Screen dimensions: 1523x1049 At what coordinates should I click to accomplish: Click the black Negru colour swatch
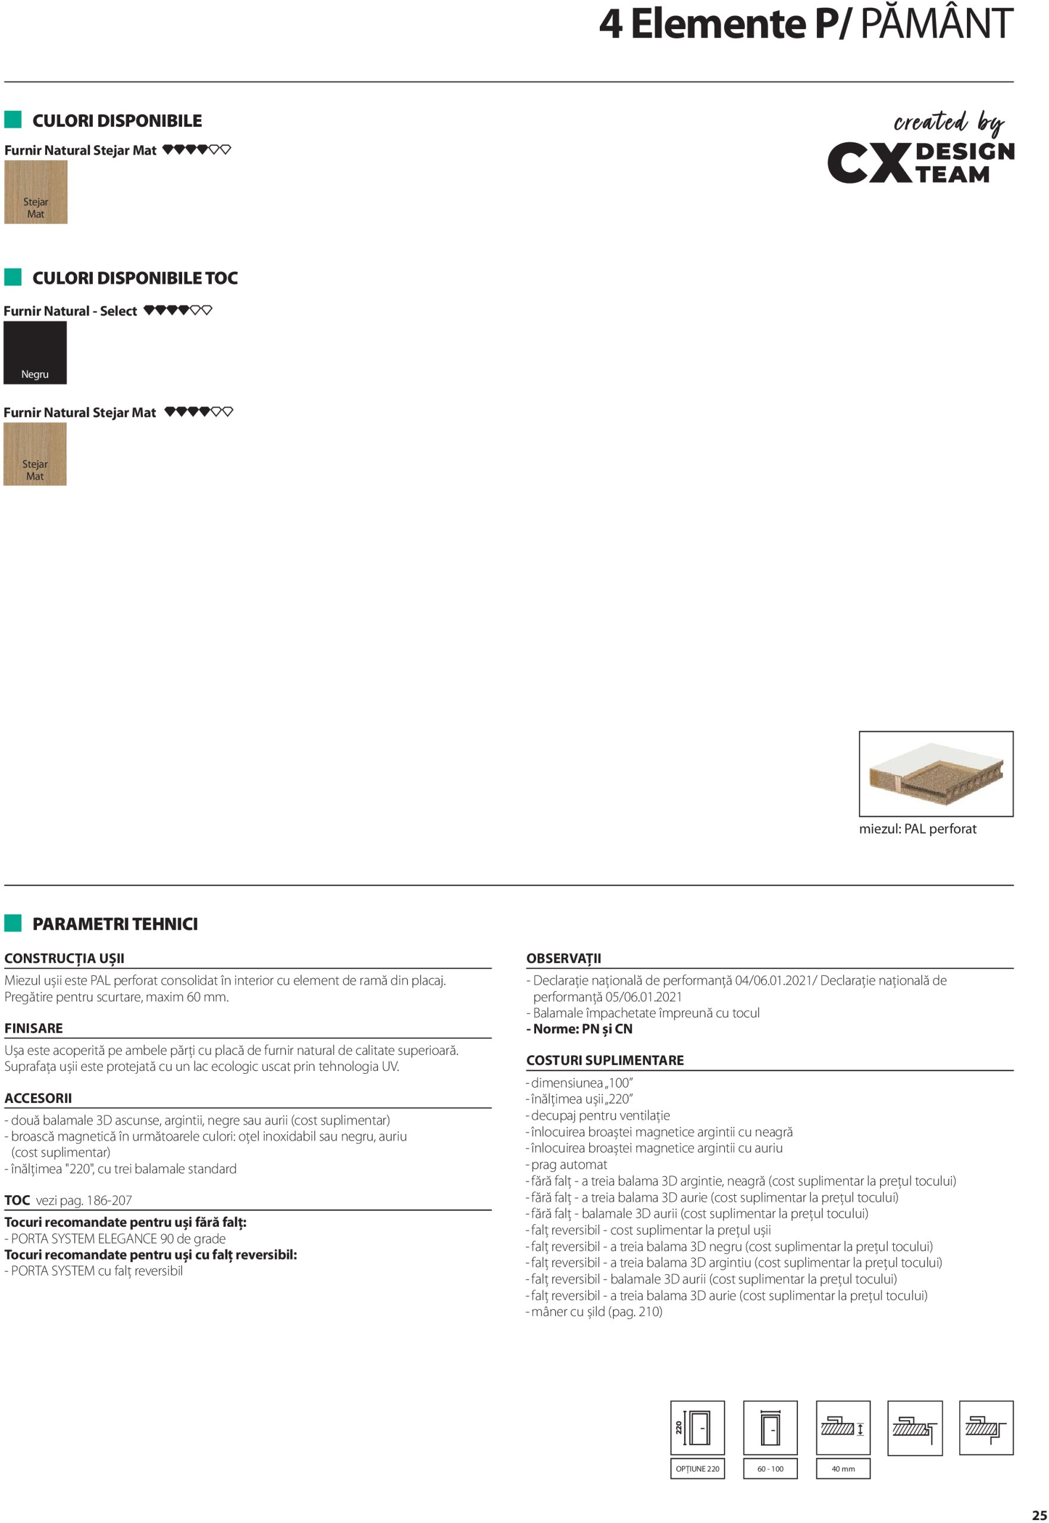(x=35, y=352)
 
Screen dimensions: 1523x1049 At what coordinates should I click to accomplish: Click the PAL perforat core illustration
(x=935, y=773)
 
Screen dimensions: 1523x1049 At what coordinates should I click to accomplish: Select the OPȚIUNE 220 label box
(x=697, y=1468)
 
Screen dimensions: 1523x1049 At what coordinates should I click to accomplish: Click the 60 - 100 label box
(x=770, y=1468)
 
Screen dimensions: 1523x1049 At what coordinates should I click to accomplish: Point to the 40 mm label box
(x=843, y=1468)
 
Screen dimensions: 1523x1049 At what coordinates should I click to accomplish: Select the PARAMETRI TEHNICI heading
(x=115, y=924)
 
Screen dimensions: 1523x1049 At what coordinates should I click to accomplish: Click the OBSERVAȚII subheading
(x=563, y=958)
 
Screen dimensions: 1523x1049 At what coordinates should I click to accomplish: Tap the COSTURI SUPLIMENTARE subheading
(x=605, y=1060)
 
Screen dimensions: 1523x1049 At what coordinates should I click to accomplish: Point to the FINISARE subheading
(x=33, y=1028)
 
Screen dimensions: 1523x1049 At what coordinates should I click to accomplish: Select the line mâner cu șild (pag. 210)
(x=596, y=1311)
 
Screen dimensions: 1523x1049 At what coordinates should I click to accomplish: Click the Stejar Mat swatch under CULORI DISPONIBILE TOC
(x=35, y=454)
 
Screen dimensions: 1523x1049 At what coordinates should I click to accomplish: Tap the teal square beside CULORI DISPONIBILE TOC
(x=13, y=277)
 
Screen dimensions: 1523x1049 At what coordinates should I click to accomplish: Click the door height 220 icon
(x=697, y=1428)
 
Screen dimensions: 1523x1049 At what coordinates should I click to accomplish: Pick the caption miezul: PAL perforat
(x=918, y=829)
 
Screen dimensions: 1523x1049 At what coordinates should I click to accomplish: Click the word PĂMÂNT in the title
(x=936, y=24)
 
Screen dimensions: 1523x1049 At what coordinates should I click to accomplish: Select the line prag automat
(x=569, y=1164)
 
